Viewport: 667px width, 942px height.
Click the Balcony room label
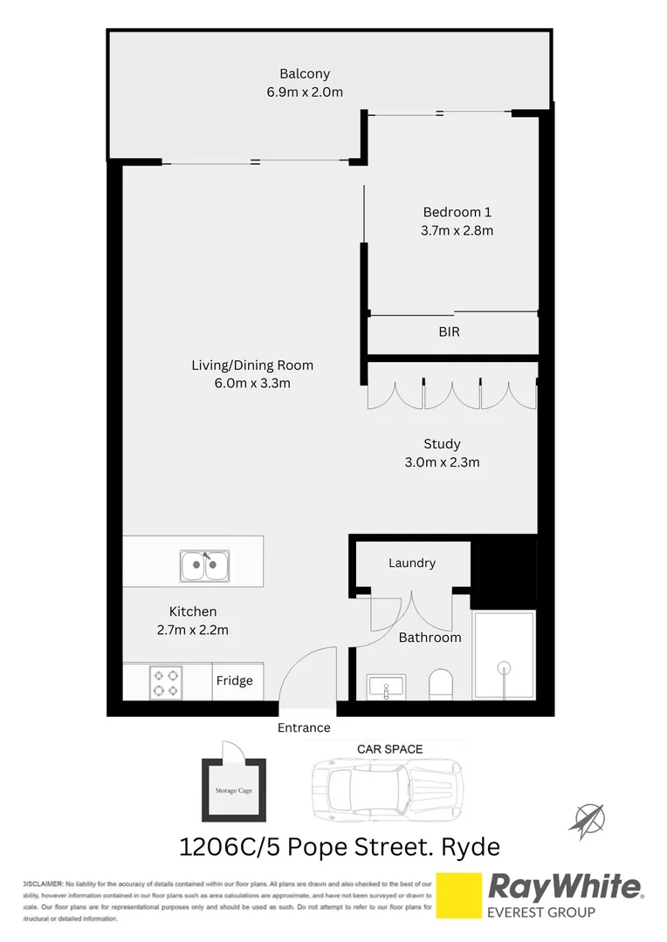click(x=305, y=74)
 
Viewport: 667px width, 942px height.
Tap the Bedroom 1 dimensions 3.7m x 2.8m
click(x=457, y=231)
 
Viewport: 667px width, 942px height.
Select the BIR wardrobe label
click(x=449, y=332)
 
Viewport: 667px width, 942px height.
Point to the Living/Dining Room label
click(x=252, y=365)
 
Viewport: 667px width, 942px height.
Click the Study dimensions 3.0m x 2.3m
click(x=442, y=462)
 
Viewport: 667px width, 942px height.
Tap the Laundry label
click(x=412, y=563)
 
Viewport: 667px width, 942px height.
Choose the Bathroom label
click(x=430, y=638)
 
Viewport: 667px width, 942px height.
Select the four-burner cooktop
click(x=165, y=681)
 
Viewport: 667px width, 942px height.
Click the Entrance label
click(x=304, y=727)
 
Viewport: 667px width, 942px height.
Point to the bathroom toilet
click(x=441, y=684)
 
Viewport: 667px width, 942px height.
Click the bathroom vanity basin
click(x=385, y=687)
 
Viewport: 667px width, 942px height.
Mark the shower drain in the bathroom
click(x=503, y=669)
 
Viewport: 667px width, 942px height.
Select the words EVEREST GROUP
click(x=541, y=912)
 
